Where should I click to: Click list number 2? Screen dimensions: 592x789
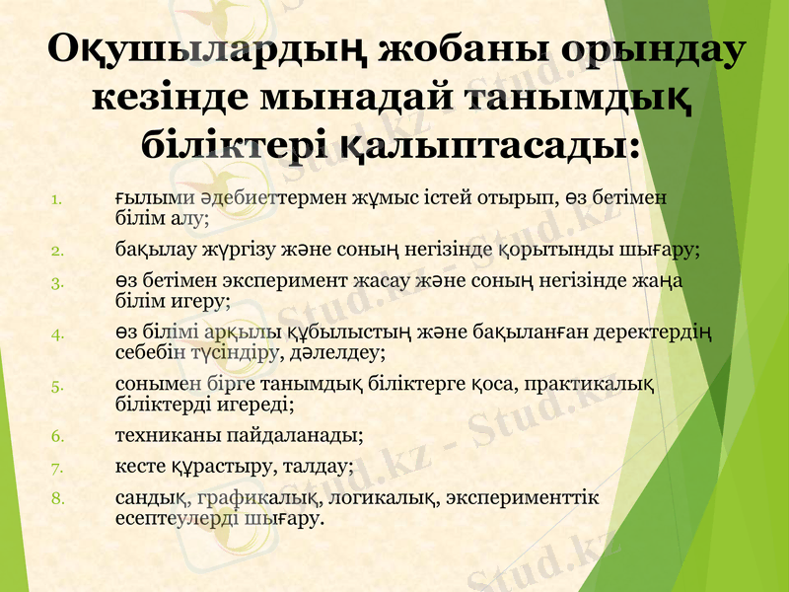click(x=58, y=250)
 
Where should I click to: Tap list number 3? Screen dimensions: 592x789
click(x=58, y=284)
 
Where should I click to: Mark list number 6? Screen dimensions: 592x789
click(x=58, y=434)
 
